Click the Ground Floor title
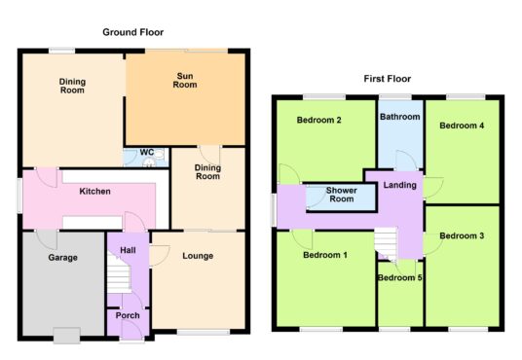pos(132,32)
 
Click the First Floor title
pos(388,79)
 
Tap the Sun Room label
pos(185,81)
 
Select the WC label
pos(147,153)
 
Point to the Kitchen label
pos(94,192)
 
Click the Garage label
pos(63,258)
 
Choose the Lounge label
pos(198,256)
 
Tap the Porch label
pos(128,315)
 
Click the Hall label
pos(128,250)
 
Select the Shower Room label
pos(342,195)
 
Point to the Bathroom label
pos(400,117)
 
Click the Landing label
pos(400,185)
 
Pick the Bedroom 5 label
pos(400,277)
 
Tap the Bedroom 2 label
pos(318,120)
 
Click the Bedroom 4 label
pos(462,126)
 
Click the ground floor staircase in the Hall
pos(118,272)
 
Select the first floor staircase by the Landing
pos(387,243)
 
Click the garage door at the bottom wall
pos(66,335)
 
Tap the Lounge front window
pos(204,332)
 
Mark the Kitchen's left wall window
pos(20,196)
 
